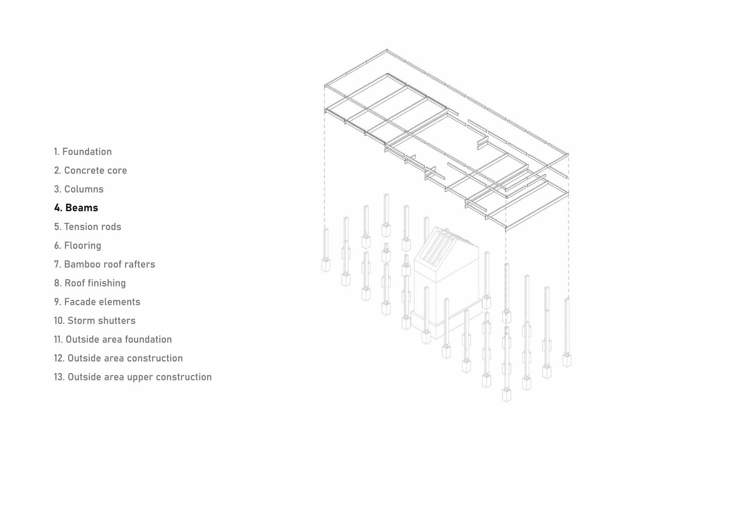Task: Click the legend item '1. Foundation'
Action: pos(83,151)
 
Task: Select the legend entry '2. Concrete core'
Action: pos(91,170)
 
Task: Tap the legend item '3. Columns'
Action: pos(79,189)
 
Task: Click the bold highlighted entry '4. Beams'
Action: pos(76,208)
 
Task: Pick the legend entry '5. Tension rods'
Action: pos(88,227)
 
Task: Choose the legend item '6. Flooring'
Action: pos(78,245)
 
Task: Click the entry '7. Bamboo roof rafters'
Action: pos(105,264)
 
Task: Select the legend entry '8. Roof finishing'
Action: pos(90,283)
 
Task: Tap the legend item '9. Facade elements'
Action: pos(97,302)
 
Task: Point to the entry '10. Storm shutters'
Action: pos(95,321)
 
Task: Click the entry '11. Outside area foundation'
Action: pos(113,339)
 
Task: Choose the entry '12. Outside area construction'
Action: pos(119,358)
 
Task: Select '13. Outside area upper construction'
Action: pos(133,377)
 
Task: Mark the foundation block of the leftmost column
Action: pos(326,266)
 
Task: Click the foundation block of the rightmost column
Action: pos(567,360)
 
